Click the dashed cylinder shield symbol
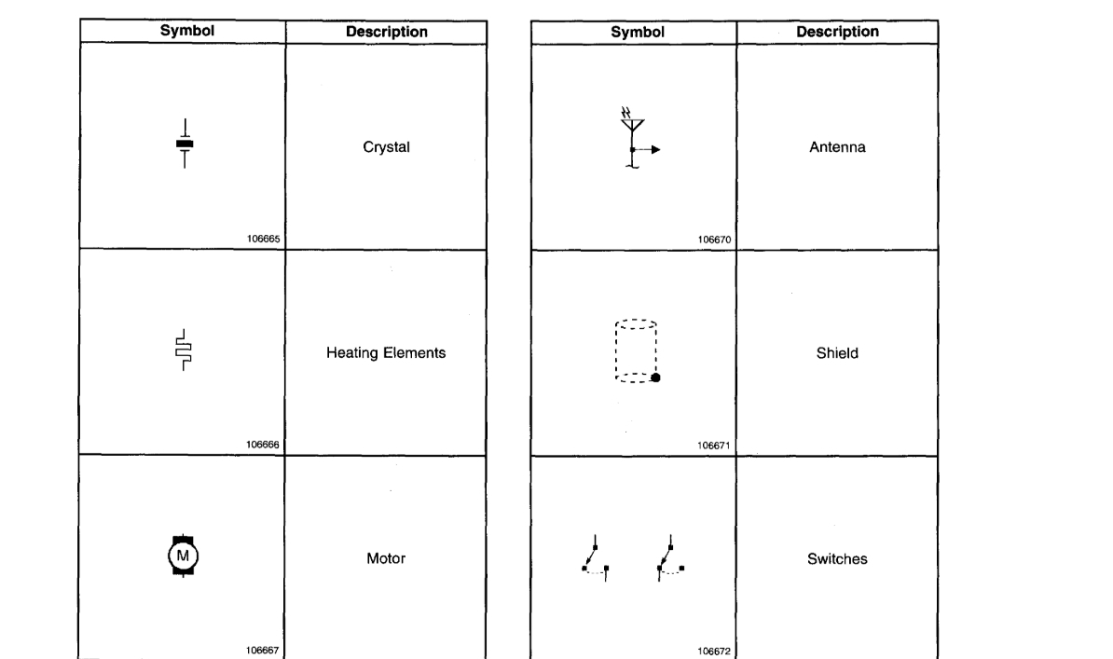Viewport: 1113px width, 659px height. click(637, 351)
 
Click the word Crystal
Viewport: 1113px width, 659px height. click(386, 147)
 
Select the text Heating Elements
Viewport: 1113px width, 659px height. click(386, 353)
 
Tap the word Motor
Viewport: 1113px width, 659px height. click(386, 559)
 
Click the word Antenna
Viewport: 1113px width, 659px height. click(838, 147)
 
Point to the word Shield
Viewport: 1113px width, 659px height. click(837, 353)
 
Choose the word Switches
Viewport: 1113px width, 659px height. click(837, 559)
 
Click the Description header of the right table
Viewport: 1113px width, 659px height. click(838, 32)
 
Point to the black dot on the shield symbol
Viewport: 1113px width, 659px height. click(655, 378)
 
